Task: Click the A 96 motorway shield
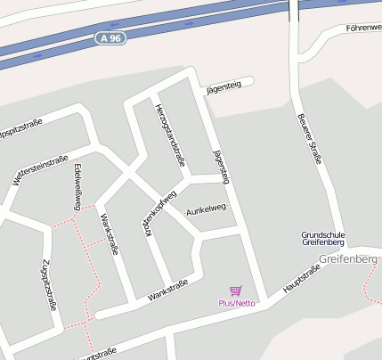click(x=110, y=38)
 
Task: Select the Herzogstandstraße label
click(x=169, y=135)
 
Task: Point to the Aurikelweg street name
click(x=205, y=210)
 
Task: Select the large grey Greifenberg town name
click(x=348, y=259)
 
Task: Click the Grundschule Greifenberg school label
click(x=323, y=239)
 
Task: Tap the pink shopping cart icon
click(x=236, y=290)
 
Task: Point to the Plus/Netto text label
click(x=237, y=303)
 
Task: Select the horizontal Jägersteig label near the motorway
click(x=223, y=86)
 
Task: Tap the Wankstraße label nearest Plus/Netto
click(x=167, y=290)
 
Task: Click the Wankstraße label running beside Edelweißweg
click(x=109, y=233)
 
